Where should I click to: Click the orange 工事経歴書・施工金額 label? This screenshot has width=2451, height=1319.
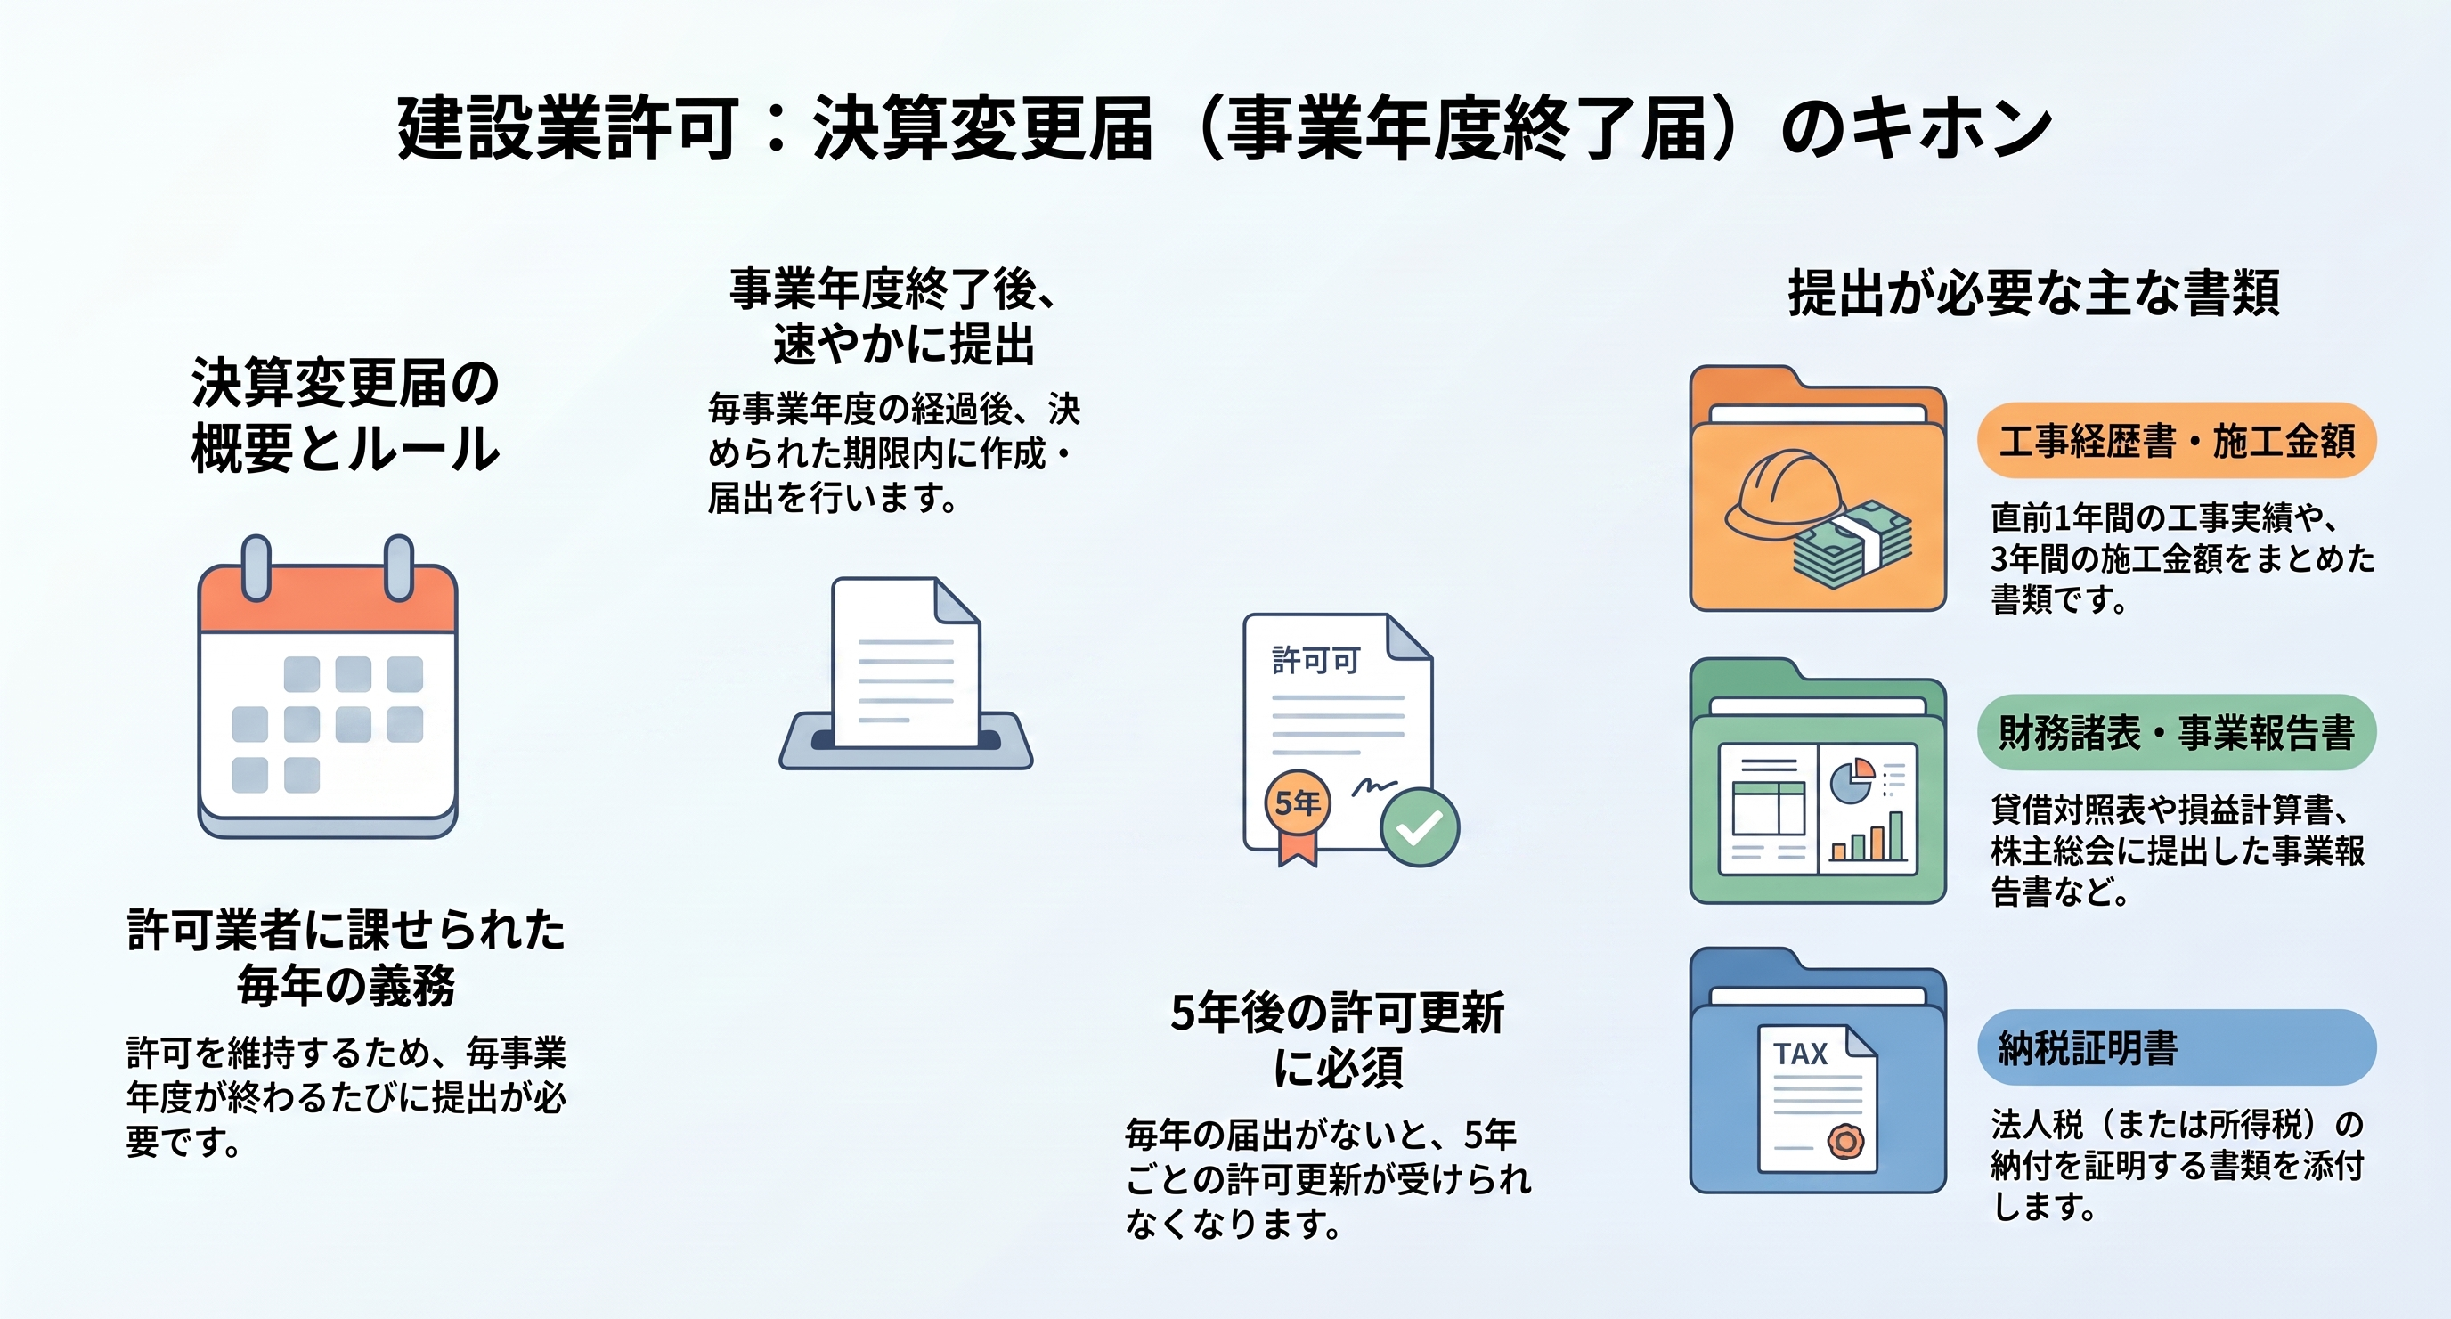tap(2176, 441)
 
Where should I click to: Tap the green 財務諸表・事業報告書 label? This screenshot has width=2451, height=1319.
tap(2176, 732)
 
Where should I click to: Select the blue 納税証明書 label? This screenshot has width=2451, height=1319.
tap(2176, 1046)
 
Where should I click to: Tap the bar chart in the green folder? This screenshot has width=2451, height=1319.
tap(1868, 836)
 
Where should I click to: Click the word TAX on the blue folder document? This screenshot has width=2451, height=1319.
tap(1800, 1054)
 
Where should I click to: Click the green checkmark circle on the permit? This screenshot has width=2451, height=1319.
tap(1420, 827)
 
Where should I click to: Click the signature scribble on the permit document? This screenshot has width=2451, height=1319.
tap(1374, 786)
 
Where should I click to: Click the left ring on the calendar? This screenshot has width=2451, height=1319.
tap(256, 568)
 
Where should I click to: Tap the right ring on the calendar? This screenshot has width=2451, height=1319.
tap(399, 568)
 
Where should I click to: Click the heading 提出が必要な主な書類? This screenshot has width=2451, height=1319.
tap(2034, 292)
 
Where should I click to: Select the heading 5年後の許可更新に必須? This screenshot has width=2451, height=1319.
tap(1338, 1039)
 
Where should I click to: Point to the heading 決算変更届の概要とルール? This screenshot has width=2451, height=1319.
tap(346, 415)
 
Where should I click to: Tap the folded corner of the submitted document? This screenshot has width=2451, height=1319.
tap(957, 600)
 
